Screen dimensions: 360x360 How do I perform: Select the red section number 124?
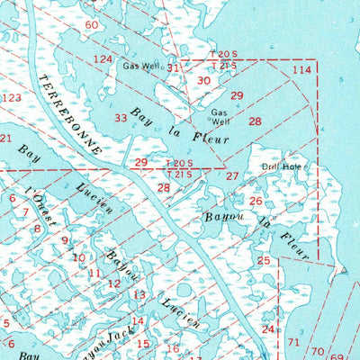[103, 59]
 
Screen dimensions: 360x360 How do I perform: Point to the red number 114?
[301, 69]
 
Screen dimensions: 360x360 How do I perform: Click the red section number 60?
[92, 25]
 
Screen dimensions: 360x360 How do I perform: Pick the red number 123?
[12, 98]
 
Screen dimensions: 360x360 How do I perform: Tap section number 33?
[121, 118]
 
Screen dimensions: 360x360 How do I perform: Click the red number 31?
[173, 67]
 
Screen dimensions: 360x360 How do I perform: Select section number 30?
[204, 80]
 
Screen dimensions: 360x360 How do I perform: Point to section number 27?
[232, 176]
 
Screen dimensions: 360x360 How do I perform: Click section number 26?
[256, 201]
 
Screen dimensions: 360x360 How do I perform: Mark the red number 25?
[264, 261]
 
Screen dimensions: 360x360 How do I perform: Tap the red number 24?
[267, 329]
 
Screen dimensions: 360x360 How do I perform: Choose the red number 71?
[293, 342]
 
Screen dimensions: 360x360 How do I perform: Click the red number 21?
[5, 138]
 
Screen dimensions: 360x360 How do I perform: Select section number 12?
[114, 283]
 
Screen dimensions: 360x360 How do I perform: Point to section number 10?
[79, 257]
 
